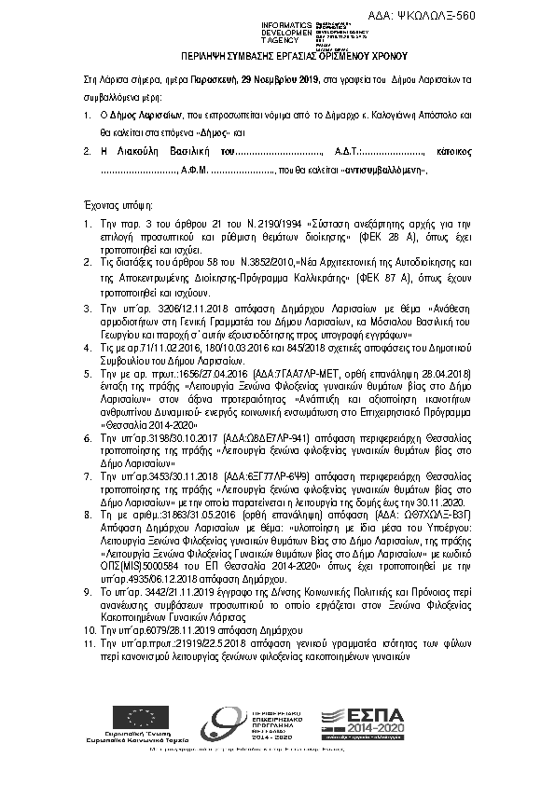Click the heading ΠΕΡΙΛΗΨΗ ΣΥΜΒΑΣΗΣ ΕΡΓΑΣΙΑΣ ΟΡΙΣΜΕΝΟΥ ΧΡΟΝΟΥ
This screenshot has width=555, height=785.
point(276,56)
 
